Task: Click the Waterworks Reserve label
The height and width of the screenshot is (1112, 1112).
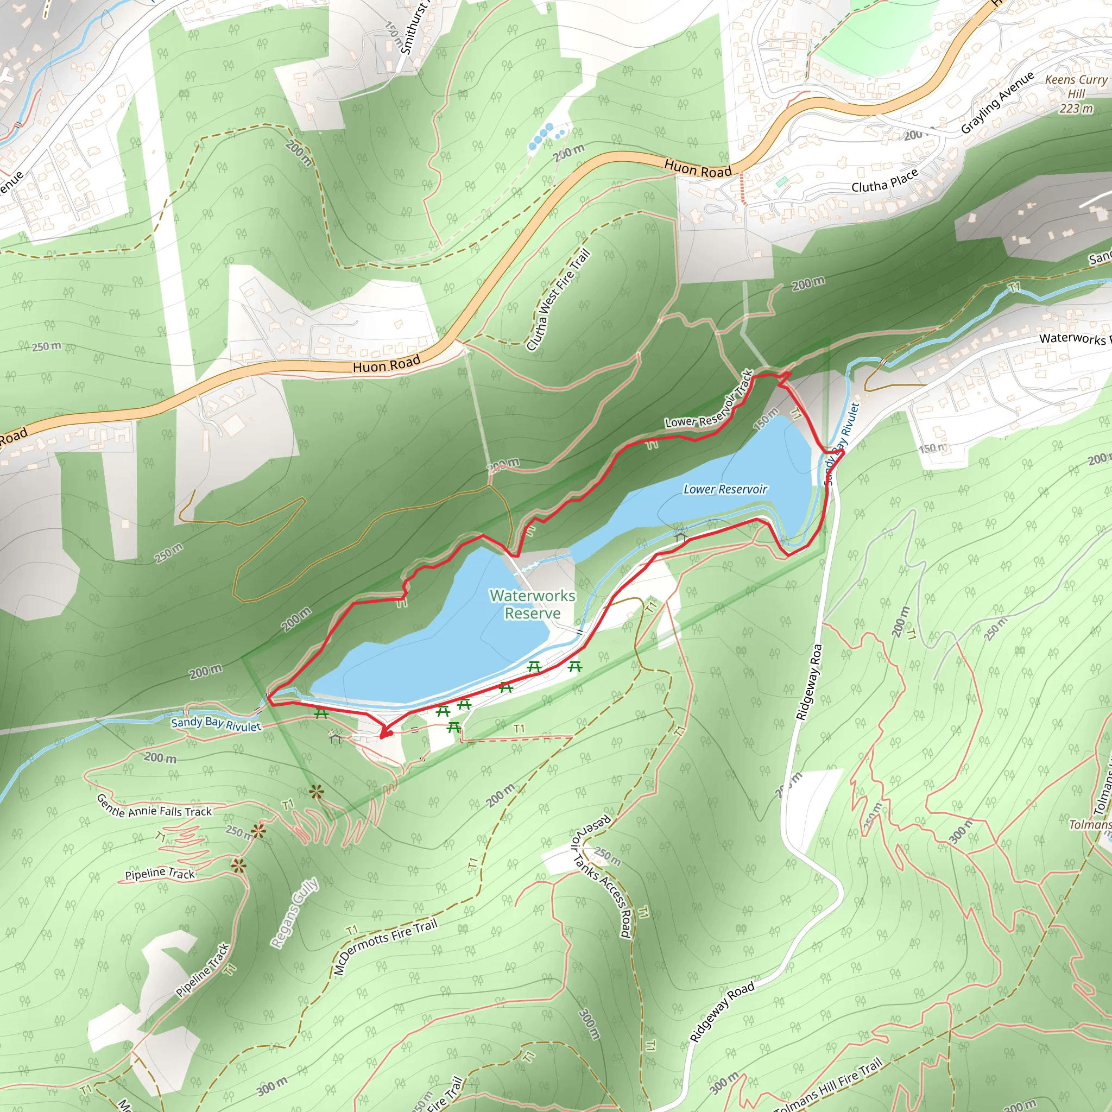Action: (533, 604)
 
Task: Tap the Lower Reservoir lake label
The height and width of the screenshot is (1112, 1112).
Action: (725, 489)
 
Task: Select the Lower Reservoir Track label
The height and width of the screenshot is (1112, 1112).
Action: (710, 401)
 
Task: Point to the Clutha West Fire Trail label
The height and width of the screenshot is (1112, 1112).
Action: (558, 300)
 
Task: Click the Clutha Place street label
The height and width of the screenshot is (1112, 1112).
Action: (884, 180)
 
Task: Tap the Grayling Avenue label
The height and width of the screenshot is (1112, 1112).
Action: (997, 103)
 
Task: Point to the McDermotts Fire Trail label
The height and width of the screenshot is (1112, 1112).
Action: (385, 947)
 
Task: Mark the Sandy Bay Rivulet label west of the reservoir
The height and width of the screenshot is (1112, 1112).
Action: (216, 724)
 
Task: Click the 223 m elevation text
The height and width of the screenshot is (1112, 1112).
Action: (1076, 108)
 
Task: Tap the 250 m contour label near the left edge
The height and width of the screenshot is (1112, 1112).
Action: (47, 346)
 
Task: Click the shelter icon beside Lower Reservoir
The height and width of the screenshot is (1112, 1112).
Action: (681, 536)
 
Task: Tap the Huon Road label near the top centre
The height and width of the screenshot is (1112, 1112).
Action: (698, 169)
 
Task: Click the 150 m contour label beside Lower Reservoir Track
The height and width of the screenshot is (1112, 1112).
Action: (766, 419)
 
